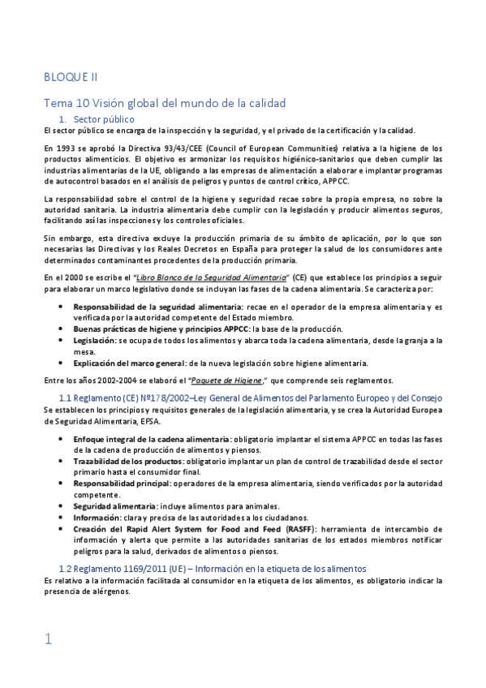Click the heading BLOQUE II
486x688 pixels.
(x=71, y=77)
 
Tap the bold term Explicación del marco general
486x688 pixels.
(x=130, y=363)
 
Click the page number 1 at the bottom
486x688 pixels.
(x=49, y=639)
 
